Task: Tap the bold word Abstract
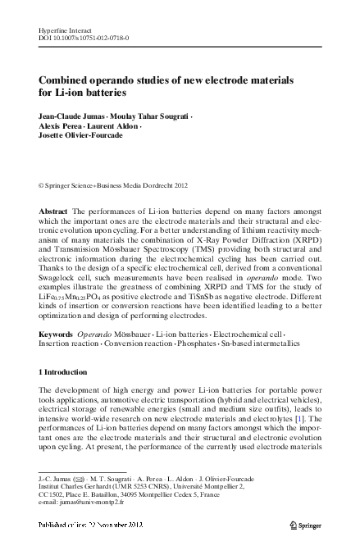(53, 212)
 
